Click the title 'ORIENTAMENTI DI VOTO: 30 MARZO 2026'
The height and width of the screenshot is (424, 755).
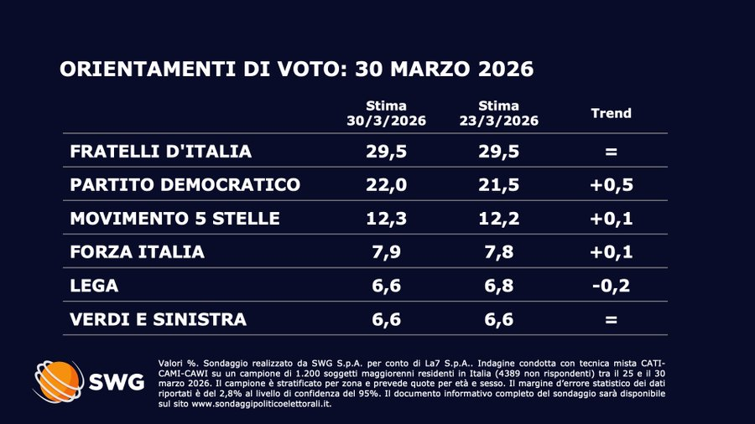(296, 69)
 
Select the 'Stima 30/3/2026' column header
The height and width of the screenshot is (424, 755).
(387, 113)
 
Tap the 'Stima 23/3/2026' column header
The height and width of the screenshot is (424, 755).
(497, 113)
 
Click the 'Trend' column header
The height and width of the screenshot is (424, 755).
(611, 113)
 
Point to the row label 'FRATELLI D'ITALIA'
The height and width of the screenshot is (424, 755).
(148, 152)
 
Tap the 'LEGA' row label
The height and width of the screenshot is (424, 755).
(95, 286)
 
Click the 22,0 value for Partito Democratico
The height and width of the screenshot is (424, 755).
(387, 185)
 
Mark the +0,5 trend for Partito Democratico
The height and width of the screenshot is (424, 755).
(611, 185)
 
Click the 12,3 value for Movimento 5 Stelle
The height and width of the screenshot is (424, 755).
(387, 219)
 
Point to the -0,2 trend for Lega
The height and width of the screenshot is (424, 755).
(611, 286)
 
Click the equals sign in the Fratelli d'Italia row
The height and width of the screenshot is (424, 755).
(611, 153)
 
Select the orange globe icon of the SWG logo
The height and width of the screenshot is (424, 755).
(57, 381)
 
